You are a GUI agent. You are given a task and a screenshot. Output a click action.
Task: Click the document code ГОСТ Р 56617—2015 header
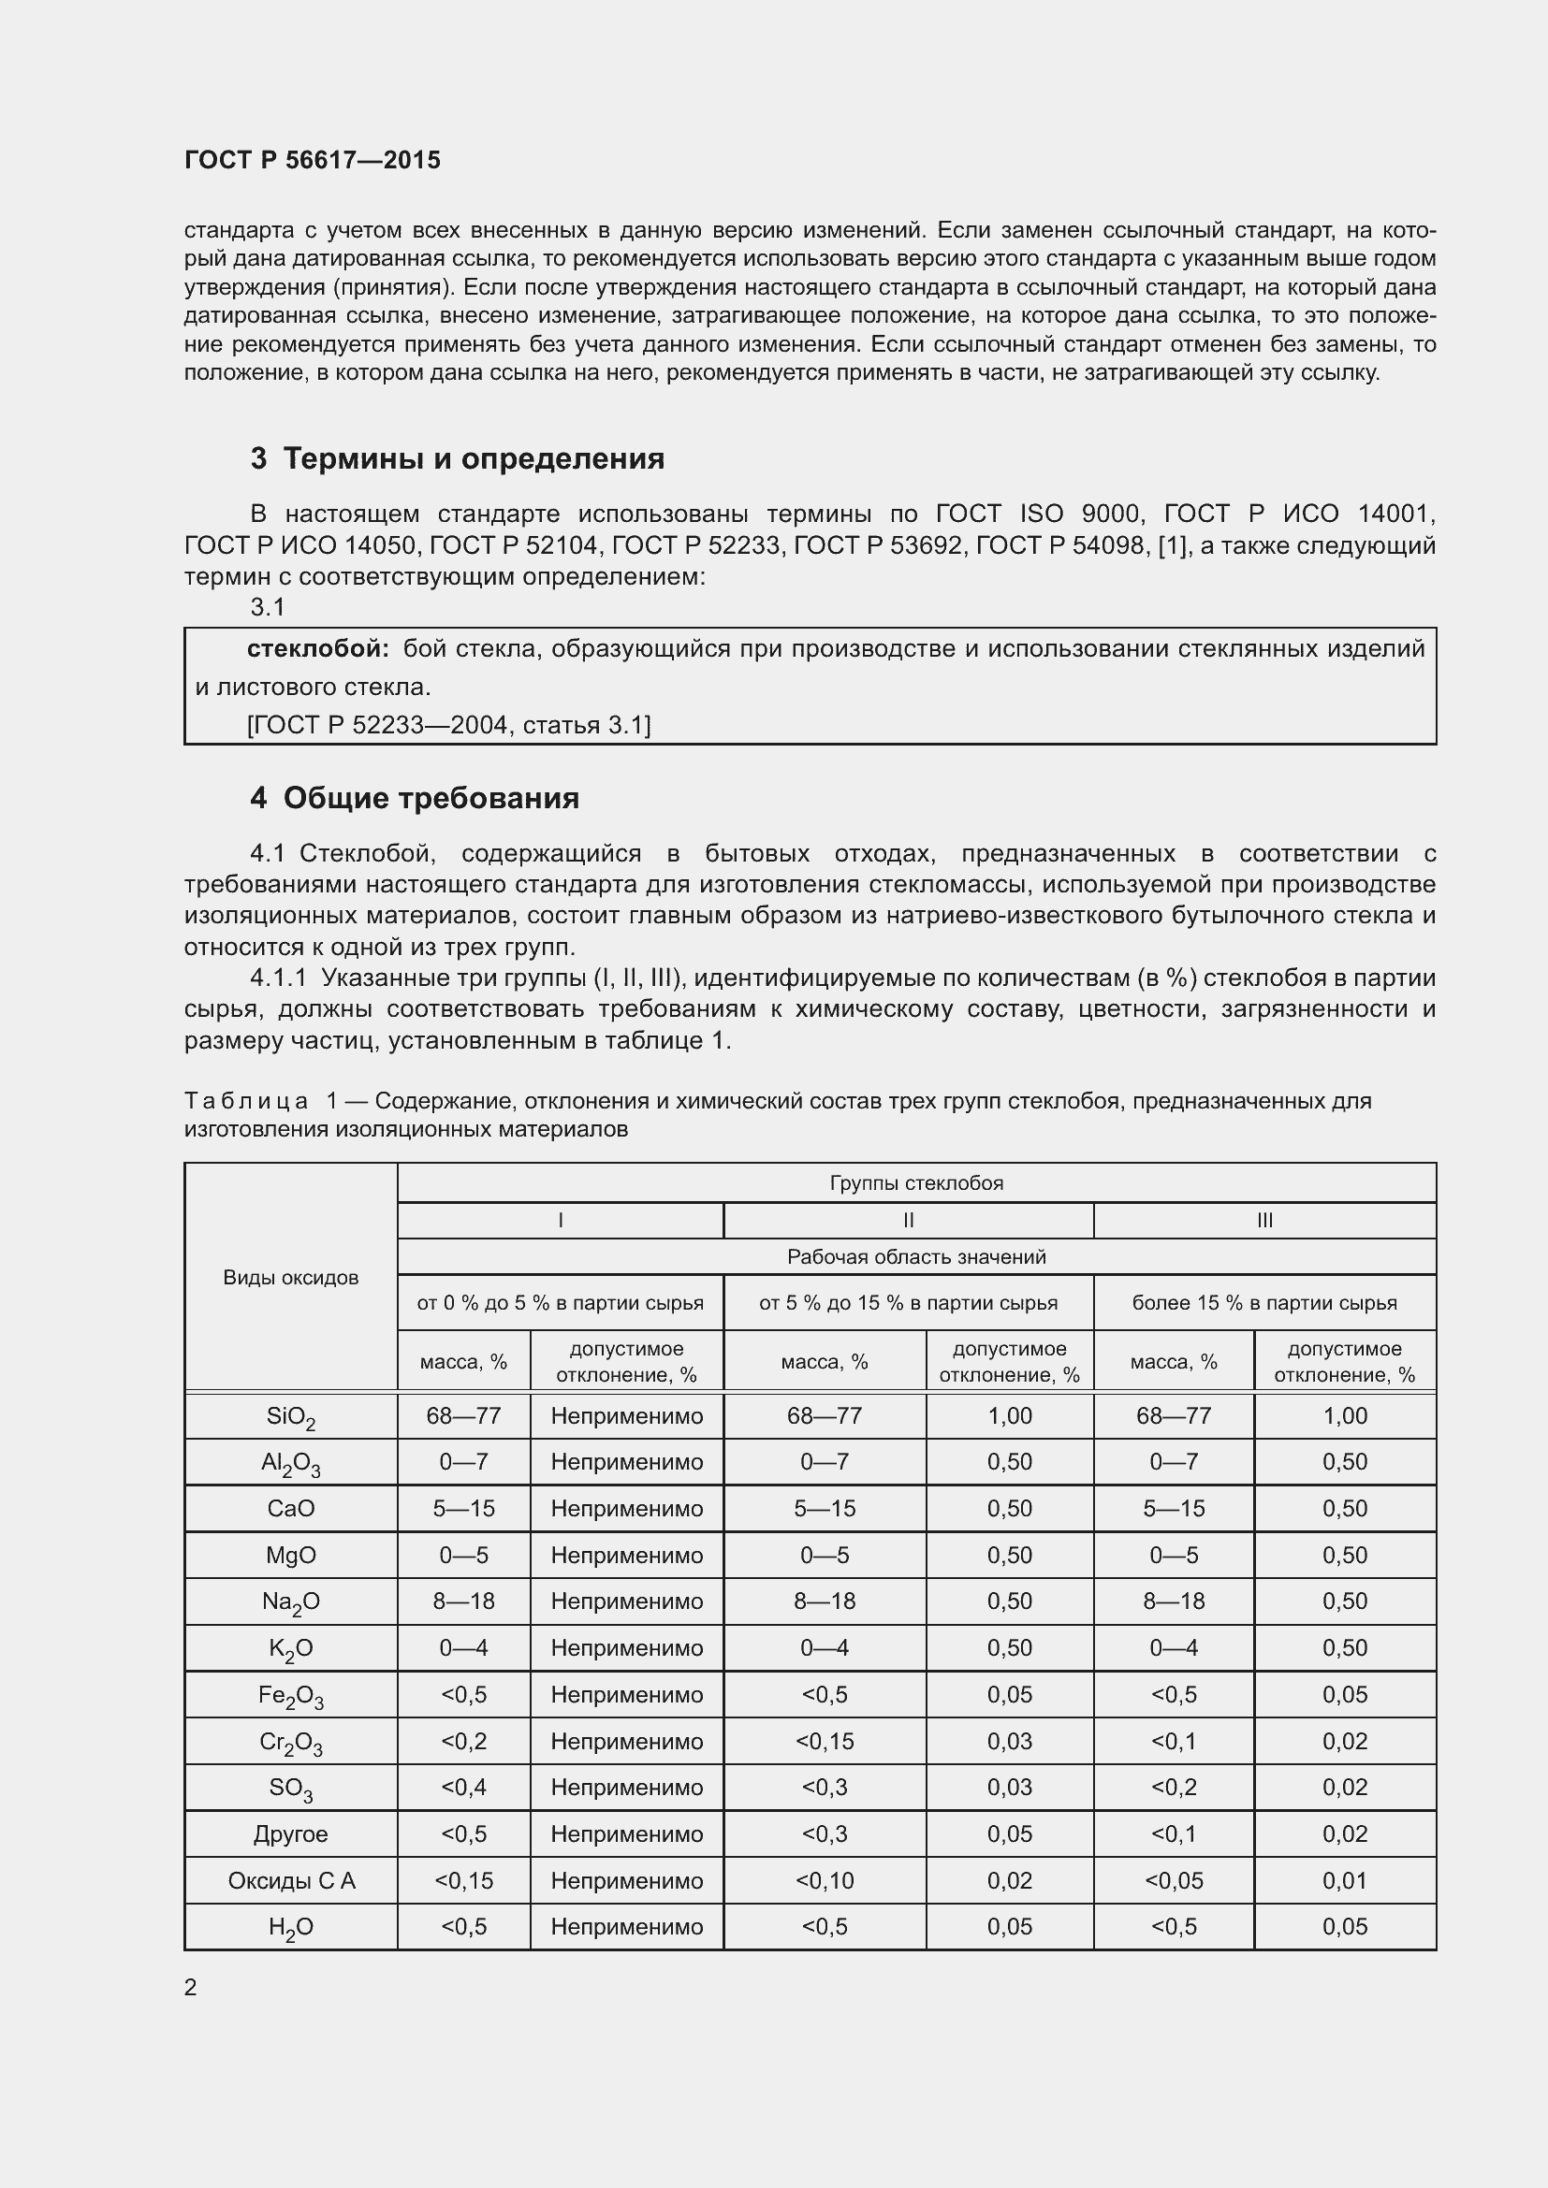click(x=312, y=160)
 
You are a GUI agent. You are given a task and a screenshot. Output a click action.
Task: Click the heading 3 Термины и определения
click(x=458, y=458)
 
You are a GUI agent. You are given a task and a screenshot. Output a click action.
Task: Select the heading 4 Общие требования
click(x=415, y=798)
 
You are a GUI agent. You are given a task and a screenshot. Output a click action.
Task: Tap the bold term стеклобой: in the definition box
click(x=317, y=649)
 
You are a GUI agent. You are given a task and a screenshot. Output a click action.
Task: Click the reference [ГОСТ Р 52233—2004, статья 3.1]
click(x=449, y=725)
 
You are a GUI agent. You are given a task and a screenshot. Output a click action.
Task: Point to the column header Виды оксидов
click(x=291, y=1278)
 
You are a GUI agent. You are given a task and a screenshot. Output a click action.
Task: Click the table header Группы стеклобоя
click(x=916, y=1182)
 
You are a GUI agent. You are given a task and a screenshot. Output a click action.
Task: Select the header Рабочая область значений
click(x=916, y=1257)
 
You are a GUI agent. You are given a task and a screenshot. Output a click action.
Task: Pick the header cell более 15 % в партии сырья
click(x=1263, y=1303)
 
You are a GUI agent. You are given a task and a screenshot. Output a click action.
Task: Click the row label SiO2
click(x=291, y=1417)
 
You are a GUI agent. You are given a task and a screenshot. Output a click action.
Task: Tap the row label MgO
click(x=291, y=1556)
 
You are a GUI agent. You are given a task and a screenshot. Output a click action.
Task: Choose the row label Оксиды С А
click(x=291, y=1880)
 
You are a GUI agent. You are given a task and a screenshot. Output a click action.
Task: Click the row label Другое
click(x=291, y=1833)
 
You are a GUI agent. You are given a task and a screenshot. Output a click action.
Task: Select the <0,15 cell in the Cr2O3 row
click(x=825, y=1741)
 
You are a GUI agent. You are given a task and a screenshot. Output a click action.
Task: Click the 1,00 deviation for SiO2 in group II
click(x=1010, y=1416)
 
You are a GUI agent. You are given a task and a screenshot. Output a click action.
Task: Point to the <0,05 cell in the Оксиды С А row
click(x=1174, y=1880)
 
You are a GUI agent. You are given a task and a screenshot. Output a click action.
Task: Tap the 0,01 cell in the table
click(x=1344, y=1880)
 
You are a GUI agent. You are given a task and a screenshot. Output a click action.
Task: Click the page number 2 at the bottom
click(x=191, y=1987)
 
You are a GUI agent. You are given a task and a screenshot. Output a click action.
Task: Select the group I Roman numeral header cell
click(x=561, y=1221)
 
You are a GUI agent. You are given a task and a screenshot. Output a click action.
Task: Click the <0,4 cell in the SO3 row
click(x=463, y=1787)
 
